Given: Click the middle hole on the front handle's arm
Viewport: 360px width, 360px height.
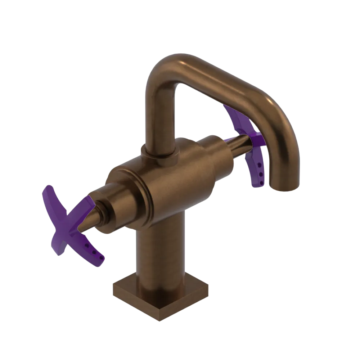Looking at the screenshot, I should coord(94,252).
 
